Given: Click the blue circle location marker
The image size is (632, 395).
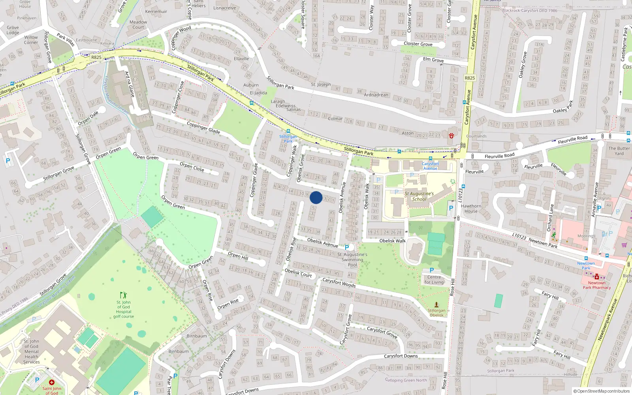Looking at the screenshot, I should [316, 197].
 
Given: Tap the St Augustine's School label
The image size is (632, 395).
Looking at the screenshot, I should [419, 196].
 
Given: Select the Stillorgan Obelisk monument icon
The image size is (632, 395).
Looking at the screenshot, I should [436, 305].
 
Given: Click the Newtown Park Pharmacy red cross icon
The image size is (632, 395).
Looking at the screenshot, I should [596, 277].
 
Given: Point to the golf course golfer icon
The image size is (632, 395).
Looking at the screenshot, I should [123, 295].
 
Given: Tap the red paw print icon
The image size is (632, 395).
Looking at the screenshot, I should [451, 135].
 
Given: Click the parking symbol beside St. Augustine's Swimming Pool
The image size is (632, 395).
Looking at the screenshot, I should [347, 247].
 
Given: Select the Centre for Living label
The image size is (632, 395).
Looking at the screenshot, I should [434, 280].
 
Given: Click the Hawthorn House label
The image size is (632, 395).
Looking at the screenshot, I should [471, 209].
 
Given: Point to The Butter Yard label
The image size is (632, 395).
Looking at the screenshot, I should [619, 151].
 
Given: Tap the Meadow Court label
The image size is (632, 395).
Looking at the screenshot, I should [138, 24].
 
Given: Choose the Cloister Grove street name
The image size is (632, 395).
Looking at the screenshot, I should [418, 44].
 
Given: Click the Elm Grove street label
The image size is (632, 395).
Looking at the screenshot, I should [433, 60].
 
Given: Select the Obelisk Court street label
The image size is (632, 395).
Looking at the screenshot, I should [298, 273].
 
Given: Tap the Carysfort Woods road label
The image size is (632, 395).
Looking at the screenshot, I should [339, 282].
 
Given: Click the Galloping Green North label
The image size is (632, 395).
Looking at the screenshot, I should [406, 380].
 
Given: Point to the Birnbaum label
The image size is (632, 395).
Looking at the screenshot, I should [197, 336].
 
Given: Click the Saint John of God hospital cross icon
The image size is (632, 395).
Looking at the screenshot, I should [51, 382].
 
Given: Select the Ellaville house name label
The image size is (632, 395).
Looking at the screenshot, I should [241, 58].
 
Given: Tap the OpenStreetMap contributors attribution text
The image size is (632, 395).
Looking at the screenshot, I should [601, 391].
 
